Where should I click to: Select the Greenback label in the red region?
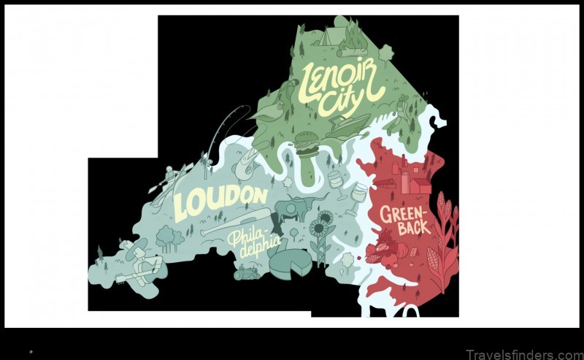coord(404,220)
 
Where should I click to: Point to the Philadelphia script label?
coord(255,245)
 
